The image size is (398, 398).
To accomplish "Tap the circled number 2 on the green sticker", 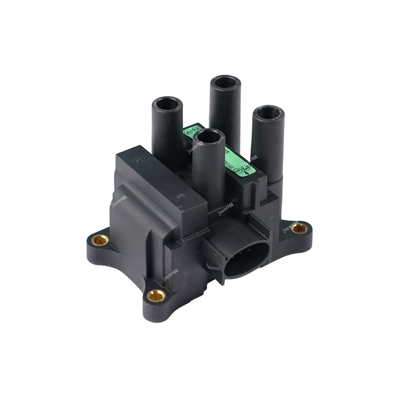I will (x=196, y=127).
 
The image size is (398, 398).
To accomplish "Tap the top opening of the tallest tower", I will (x=225, y=82).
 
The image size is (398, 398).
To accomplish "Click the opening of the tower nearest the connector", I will (x=209, y=135).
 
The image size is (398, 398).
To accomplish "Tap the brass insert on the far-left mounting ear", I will (x=100, y=240).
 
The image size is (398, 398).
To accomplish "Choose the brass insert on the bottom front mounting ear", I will (x=156, y=295).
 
